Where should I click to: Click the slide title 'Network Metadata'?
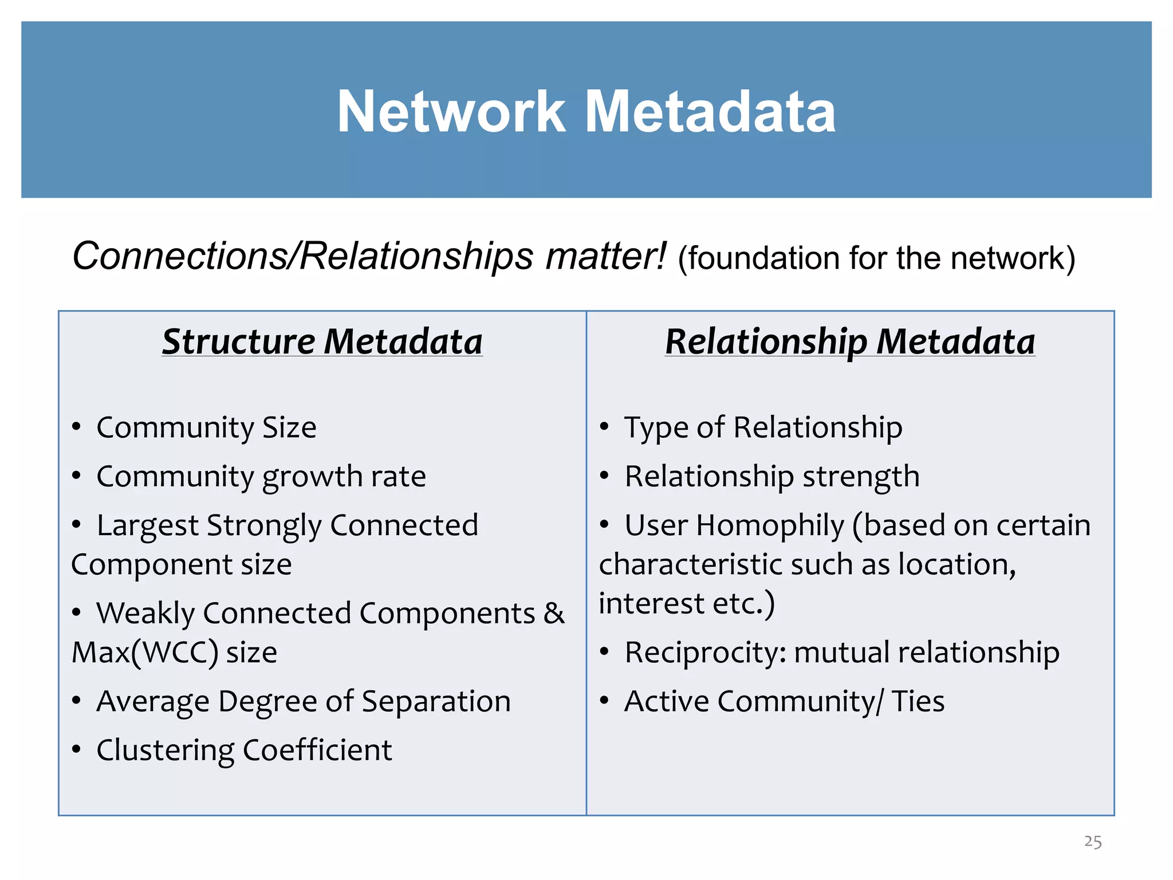(586, 112)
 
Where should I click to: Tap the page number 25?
(1093, 842)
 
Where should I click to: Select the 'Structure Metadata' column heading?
(322, 341)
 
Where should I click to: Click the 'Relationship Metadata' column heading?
(850, 341)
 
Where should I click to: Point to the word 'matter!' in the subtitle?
(606, 256)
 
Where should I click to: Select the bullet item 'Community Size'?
(206, 428)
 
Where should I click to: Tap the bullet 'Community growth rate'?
(261, 477)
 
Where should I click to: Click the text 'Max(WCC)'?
(145, 653)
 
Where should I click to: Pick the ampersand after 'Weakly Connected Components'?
(554, 614)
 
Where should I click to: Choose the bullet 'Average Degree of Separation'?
(304, 702)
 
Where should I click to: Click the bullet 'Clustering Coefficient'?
(244, 751)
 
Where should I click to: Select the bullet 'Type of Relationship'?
(763, 428)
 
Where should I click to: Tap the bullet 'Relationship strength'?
(772, 477)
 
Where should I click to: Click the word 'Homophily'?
(770, 526)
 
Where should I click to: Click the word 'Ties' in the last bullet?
(918, 702)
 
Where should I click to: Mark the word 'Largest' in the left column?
(147, 526)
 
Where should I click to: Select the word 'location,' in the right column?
(957, 565)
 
